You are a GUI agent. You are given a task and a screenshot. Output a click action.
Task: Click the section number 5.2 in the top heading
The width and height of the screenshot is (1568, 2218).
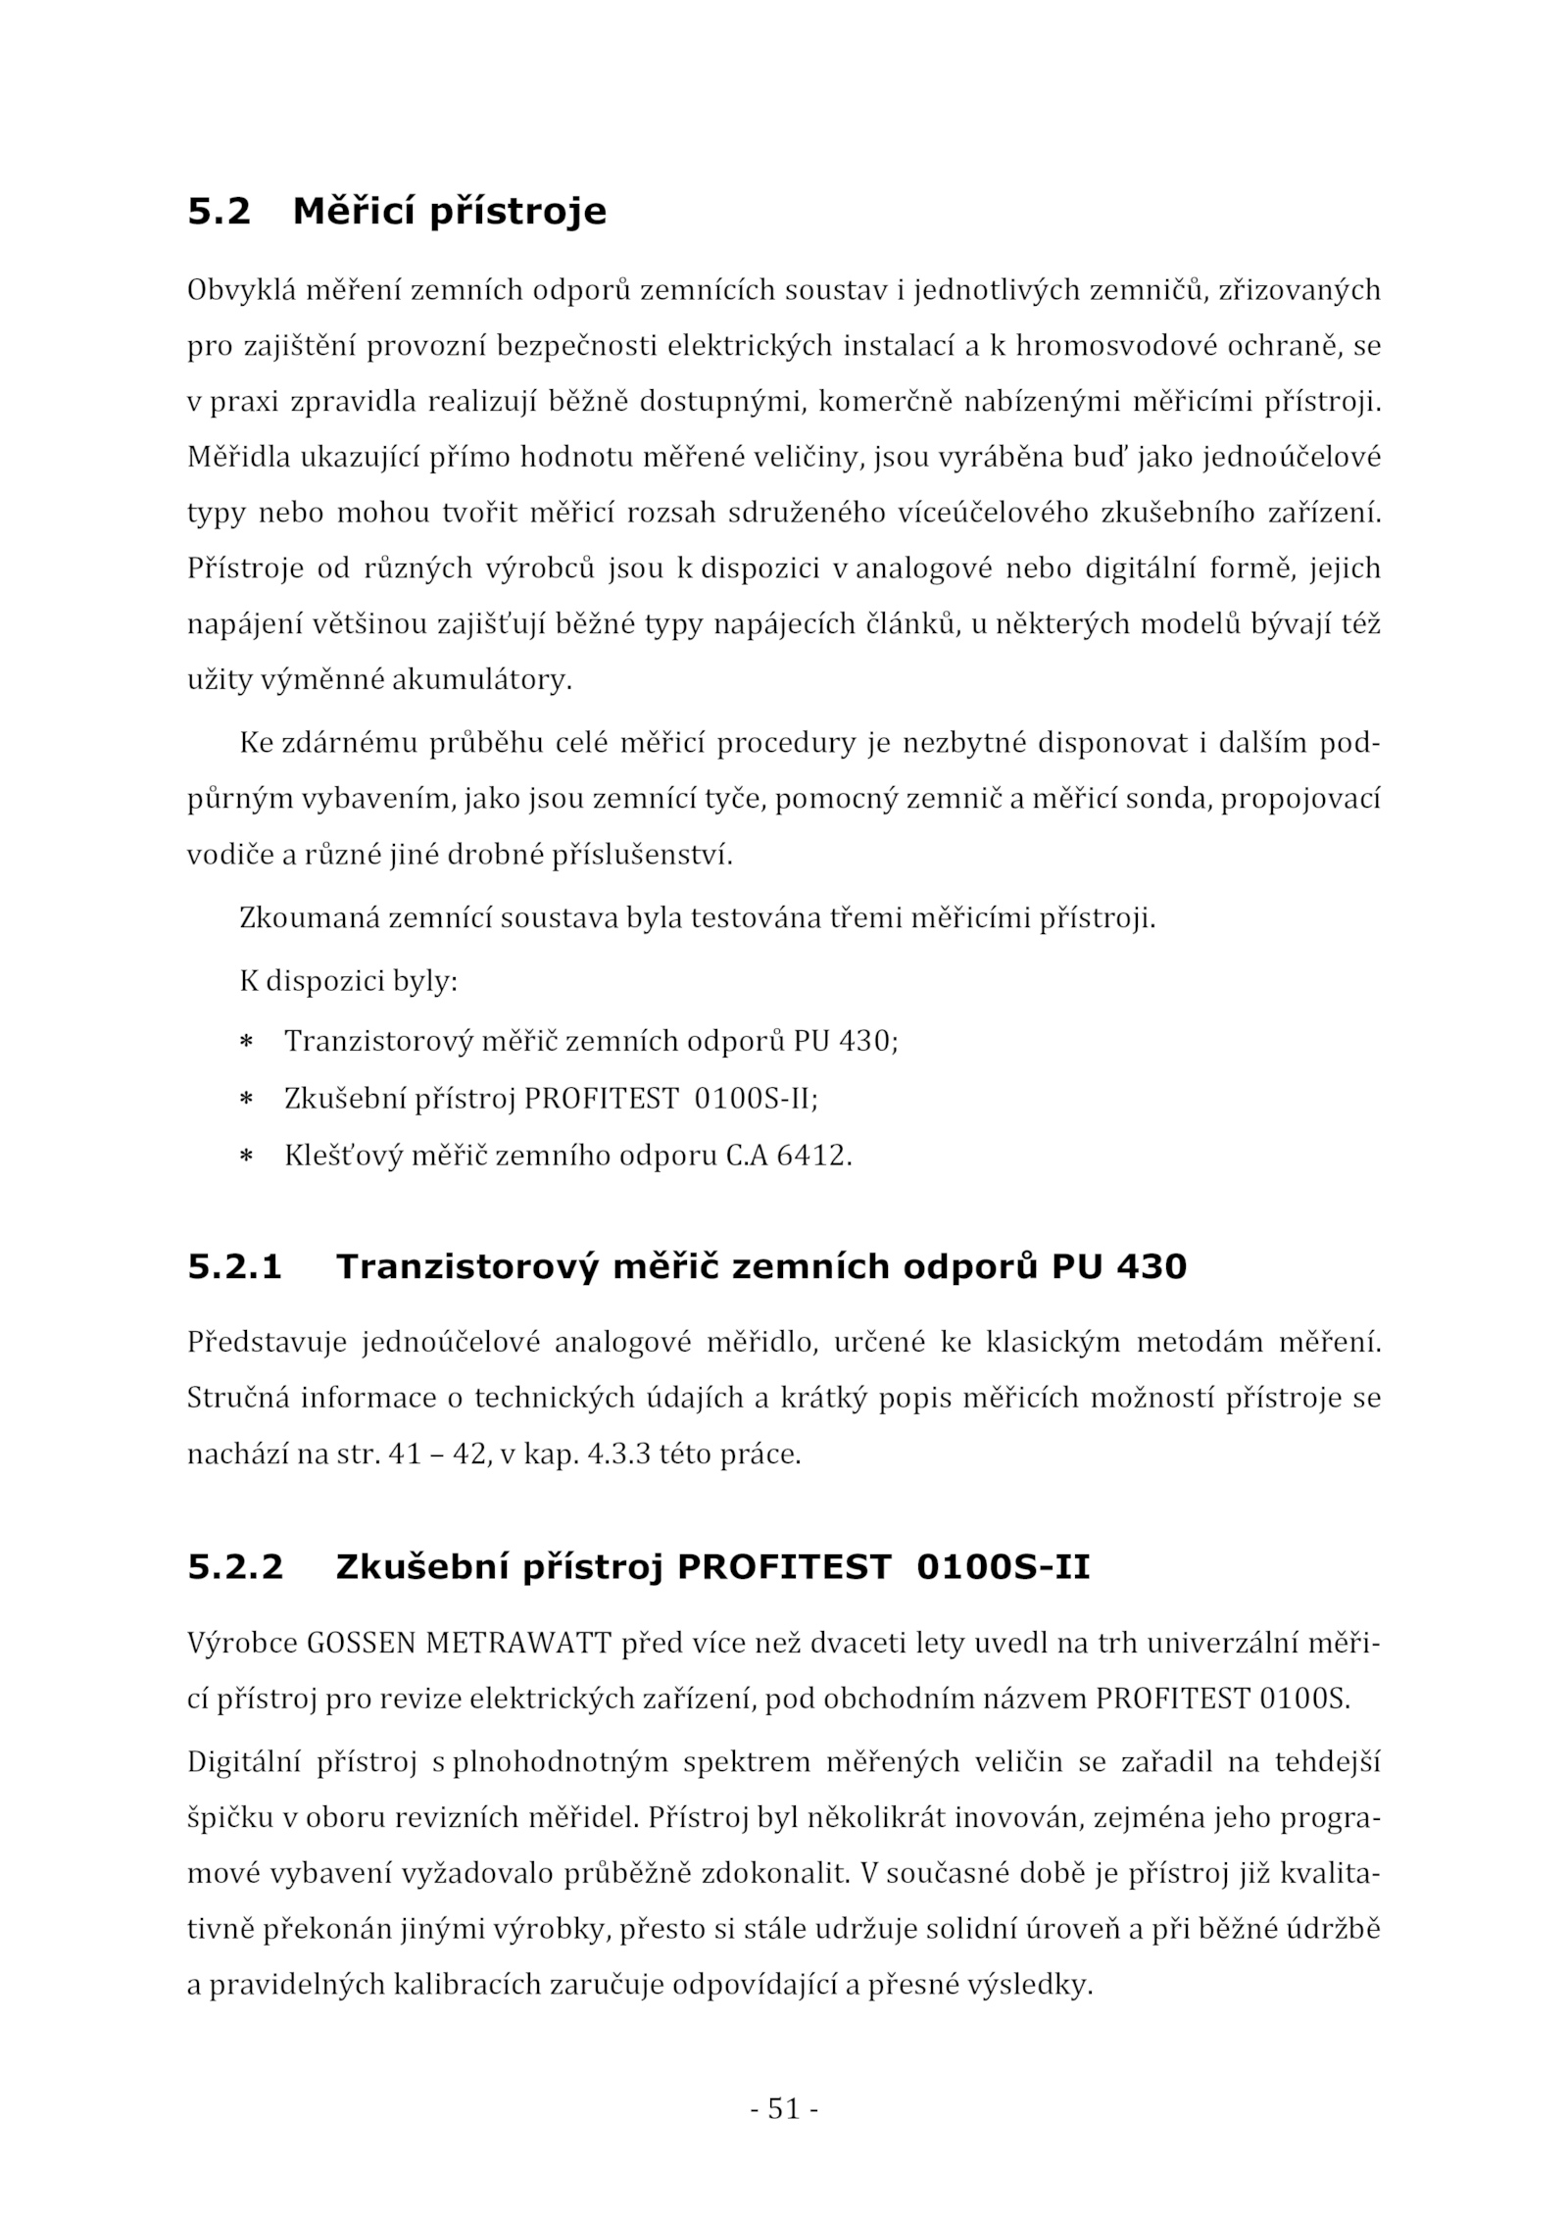pos(219,212)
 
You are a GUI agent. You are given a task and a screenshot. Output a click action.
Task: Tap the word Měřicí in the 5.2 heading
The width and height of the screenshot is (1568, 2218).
pos(354,212)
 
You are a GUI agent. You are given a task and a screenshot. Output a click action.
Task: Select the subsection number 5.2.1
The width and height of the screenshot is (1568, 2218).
pos(234,1267)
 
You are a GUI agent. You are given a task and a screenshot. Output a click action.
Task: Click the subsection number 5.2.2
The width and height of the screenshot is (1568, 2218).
pos(235,1567)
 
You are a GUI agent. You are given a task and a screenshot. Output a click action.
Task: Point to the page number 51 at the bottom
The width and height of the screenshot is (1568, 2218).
pos(784,2107)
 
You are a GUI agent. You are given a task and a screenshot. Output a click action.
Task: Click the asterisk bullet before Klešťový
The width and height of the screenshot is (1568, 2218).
pos(247,1158)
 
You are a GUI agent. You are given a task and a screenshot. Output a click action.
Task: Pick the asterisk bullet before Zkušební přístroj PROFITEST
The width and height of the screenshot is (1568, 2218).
pos(247,1100)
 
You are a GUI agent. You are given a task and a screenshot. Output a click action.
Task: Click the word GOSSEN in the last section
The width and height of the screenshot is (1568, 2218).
pos(362,1644)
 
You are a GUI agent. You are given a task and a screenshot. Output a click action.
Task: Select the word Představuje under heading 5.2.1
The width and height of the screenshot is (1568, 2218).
pos(267,1343)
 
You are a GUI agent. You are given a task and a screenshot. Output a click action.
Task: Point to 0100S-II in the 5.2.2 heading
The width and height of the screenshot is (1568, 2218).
pos(1003,1567)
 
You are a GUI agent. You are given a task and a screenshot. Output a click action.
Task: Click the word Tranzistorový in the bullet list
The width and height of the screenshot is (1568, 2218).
pos(377,1041)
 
